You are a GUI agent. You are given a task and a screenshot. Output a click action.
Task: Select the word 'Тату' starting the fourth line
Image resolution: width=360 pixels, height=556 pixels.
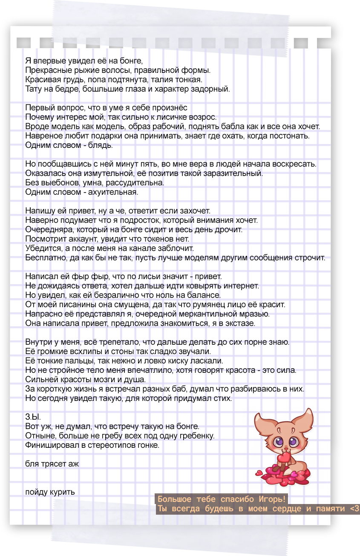33,89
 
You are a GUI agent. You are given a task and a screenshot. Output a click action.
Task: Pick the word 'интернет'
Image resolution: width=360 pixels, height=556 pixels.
240,286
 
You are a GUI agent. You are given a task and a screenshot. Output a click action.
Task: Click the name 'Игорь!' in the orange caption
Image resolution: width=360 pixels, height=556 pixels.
272,499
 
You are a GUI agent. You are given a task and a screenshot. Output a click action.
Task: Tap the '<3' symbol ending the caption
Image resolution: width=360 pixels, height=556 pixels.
354,509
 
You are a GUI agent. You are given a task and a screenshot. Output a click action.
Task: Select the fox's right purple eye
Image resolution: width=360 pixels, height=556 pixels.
294,442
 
